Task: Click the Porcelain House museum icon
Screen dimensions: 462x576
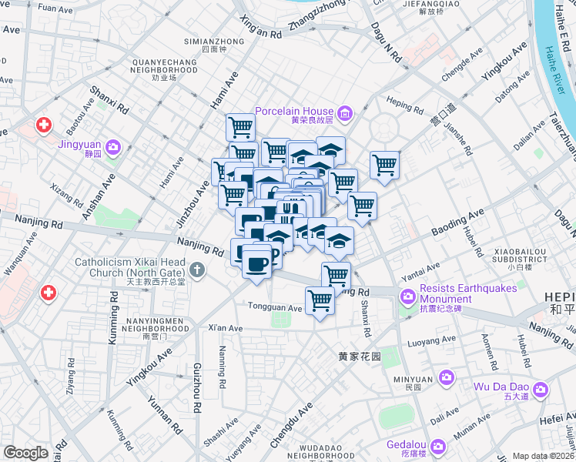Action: tap(344, 115)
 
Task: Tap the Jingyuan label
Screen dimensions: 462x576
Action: tap(79, 143)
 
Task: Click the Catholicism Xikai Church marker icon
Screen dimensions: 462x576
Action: tap(198, 269)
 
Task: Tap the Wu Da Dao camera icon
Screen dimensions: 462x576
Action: tap(540, 390)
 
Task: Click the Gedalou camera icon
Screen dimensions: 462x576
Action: tap(438, 447)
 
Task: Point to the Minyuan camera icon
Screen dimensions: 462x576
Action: tap(446, 377)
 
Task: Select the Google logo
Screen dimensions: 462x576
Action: tap(26, 452)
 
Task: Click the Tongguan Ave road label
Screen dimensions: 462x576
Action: tap(275, 307)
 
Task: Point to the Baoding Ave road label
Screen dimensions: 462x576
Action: tap(457, 222)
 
